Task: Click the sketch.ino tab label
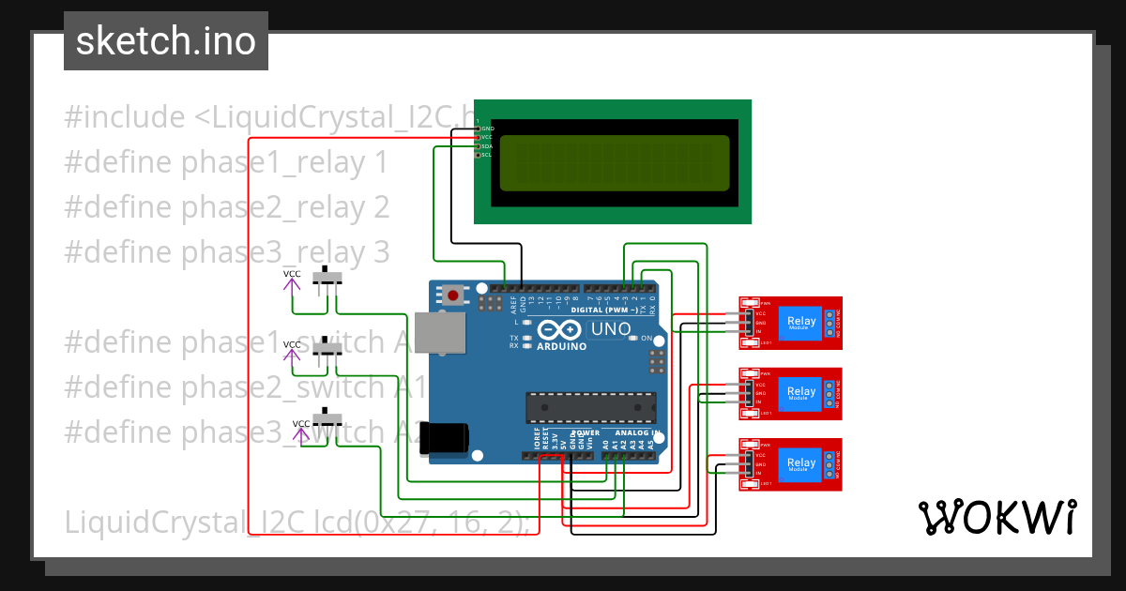pyautogui.click(x=165, y=41)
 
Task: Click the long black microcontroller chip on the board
pyautogui.click(x=590, y=407)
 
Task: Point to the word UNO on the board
pyautogui.click(x=610, y=329)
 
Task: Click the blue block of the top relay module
pyautogui.click(x=801, y=323)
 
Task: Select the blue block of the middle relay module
pyautogui.click(x=801, y=393)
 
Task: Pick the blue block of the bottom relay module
pyautogui.click(x=801, y=463)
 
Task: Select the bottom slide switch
pyautogui.click(x=327, y=419)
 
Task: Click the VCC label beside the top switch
pyautogui.click(x=293, y=274)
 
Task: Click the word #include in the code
pyautogui.click(x=125, y=117)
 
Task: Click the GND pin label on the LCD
pyautogui.click(x=487, y=128)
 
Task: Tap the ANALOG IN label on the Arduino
pyautogui.click(x=637, y=432)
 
